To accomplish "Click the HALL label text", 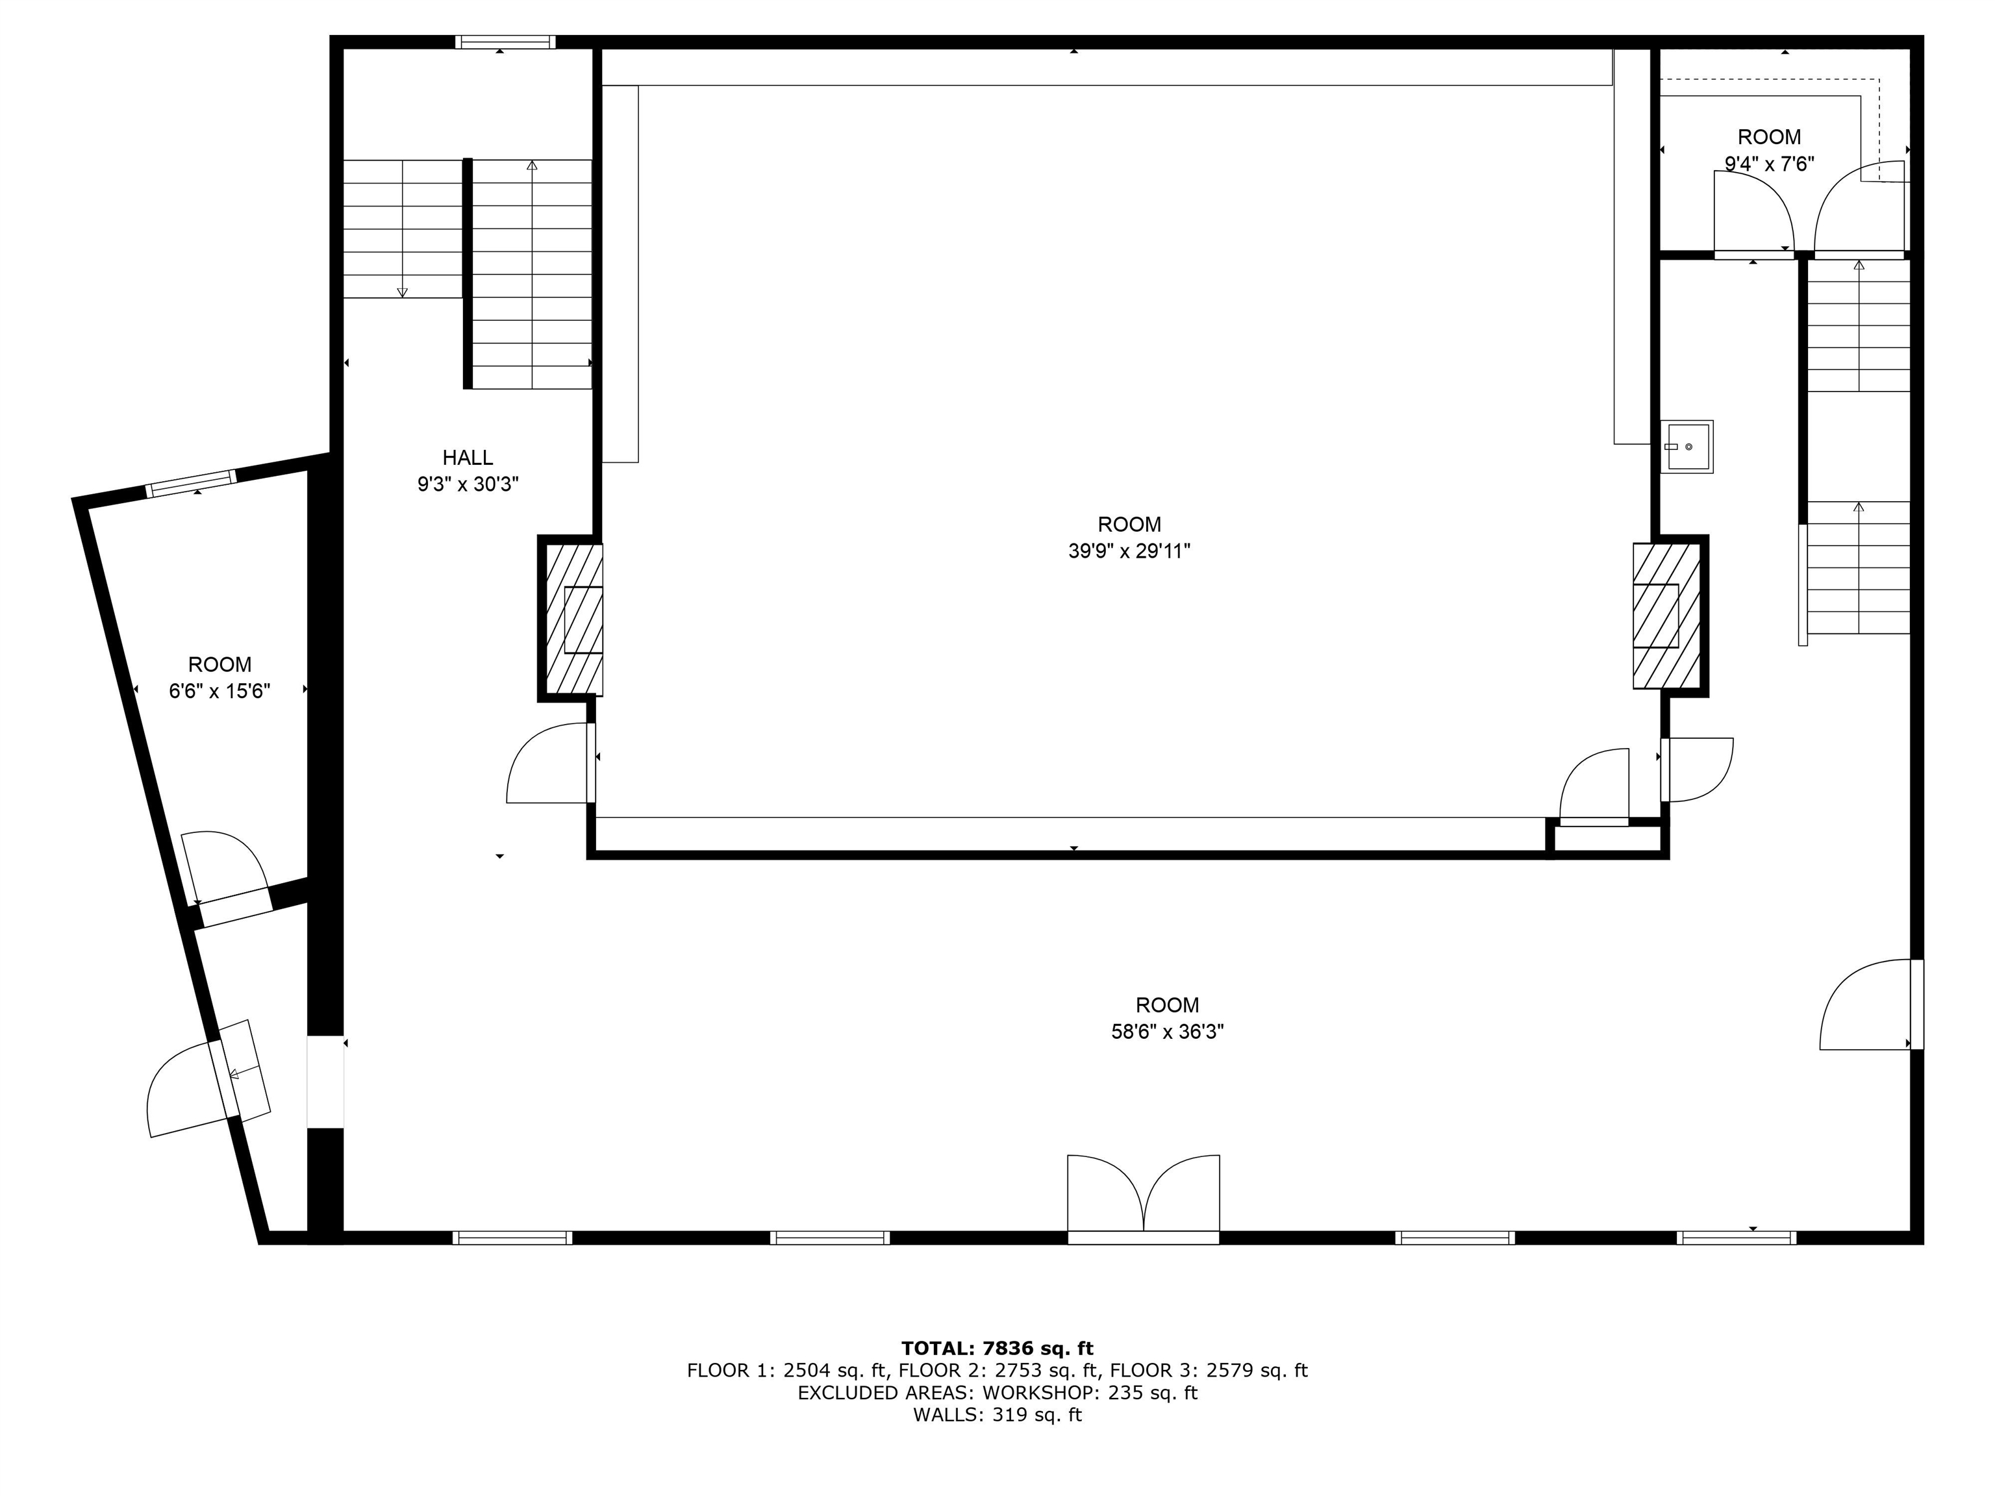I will click(467, 457).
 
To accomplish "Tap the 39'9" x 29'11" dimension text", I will click(1129, 551).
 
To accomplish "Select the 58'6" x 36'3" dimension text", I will click(1167, 1032).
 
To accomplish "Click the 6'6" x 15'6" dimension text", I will click(219, 692).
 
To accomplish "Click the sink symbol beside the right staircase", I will click(1686, 446).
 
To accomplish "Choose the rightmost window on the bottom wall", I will click(1735, 1237).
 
